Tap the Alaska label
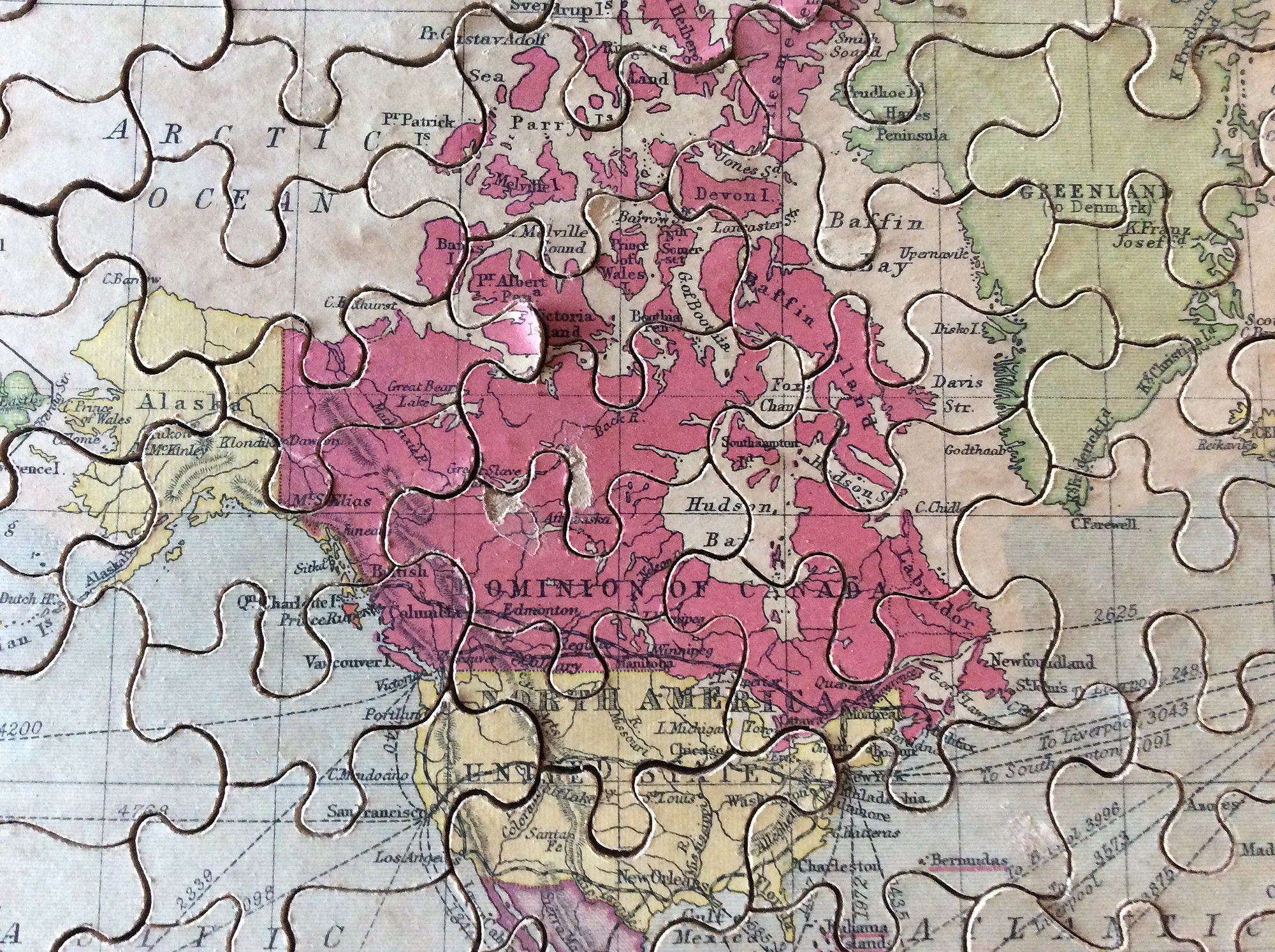pos(189,403)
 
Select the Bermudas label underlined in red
pos(969,860)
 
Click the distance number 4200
pos(22,728)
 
